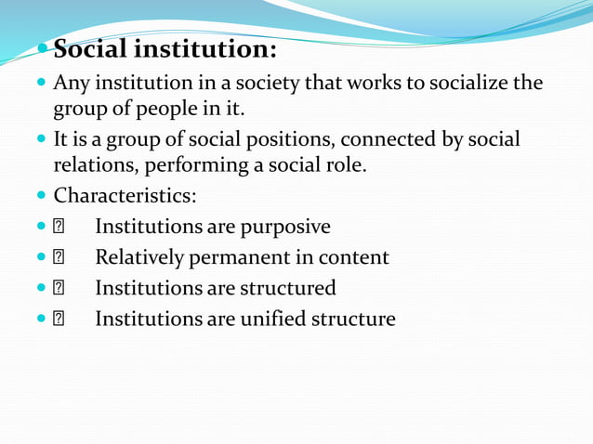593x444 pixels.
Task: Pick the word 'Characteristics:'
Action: pyautogui.click(x=125, y=196)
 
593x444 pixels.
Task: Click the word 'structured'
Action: pyautogui.click(x=288, y=288)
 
